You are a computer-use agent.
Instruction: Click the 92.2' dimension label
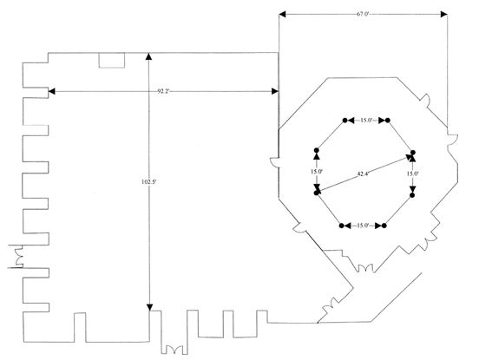(x=163, y=91)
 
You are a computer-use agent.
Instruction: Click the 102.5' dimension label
(x=149, y=181)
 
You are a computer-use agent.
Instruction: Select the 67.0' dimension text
(x=363, y=14)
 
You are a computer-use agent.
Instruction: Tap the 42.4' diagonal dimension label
(x=363, y=174)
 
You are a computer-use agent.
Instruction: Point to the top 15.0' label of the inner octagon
(x=366, y=121)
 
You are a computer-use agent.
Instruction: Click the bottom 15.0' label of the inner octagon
(x=363, y=226)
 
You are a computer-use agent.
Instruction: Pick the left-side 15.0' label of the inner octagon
(x=317, y=172)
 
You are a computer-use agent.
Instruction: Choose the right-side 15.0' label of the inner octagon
(x=412, y=173)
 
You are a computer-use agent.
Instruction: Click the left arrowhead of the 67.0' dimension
(x=282, y=14)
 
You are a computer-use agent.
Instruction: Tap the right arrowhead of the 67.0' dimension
(x=443, y=14)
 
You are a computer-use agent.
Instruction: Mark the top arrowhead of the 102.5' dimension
(x=148, y=56)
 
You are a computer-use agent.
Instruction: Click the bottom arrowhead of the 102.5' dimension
(x=149, y=307)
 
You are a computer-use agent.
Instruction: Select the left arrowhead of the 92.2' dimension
(x=51, y=91)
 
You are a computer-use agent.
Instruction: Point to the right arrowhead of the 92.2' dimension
(x=275, y=91)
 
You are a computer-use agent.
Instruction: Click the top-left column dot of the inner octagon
(x=344, y=121)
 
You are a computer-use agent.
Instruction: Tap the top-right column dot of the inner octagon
(x=388, y=121)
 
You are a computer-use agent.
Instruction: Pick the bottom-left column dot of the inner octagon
(x=342, y=226)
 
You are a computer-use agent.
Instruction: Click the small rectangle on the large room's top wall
(x=111, y=60)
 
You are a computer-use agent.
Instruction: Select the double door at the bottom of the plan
(x=174, y=349)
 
